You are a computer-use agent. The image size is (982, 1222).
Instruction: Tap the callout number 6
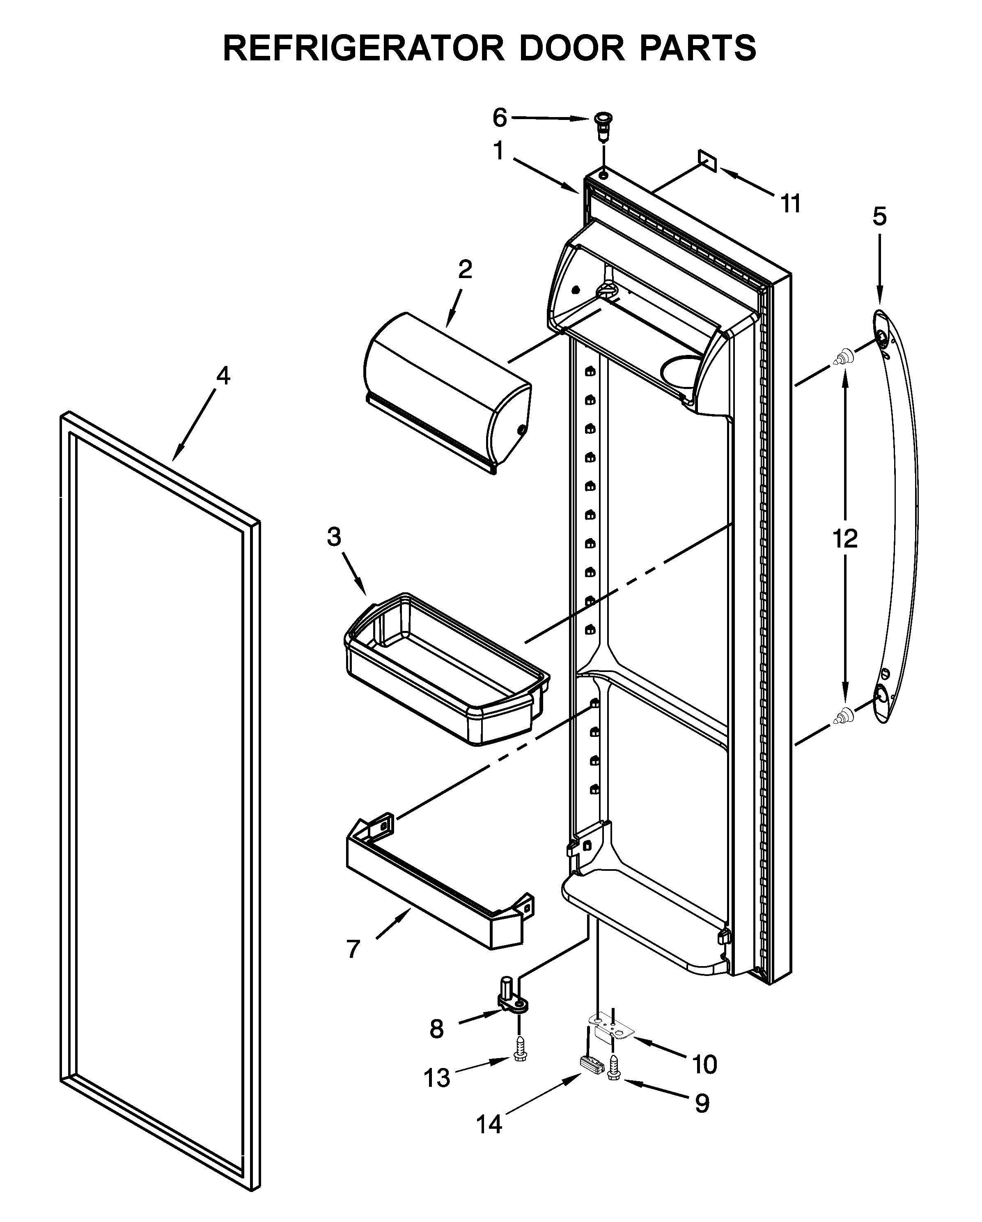(x=499, y=118)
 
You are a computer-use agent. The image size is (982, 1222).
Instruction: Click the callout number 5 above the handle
(x=879, y=216)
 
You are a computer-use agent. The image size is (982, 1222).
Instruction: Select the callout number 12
(x=845, y=539)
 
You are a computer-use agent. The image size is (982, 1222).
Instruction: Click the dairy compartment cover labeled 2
(x=447, y=391)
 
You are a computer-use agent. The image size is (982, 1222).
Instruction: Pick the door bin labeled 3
(x=445, y=669)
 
